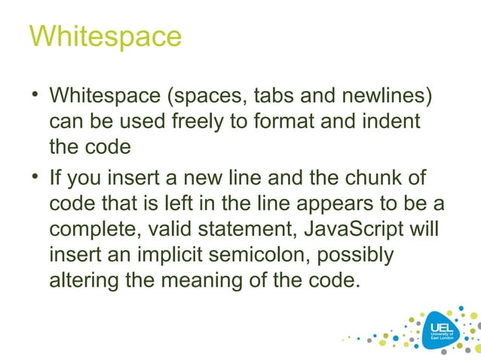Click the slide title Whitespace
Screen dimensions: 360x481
tap(105, 35)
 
